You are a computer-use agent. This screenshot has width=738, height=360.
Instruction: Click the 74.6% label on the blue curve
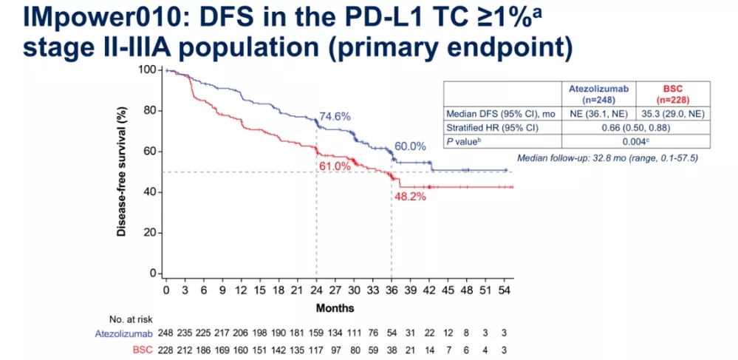[335, 117]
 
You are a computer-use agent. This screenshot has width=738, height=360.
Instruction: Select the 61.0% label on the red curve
[334, 166]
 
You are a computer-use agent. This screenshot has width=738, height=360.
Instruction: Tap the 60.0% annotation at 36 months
[409, 146]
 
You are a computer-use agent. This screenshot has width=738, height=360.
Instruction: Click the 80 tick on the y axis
[151, 111]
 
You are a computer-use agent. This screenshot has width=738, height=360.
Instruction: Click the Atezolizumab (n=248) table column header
[599, 93]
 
